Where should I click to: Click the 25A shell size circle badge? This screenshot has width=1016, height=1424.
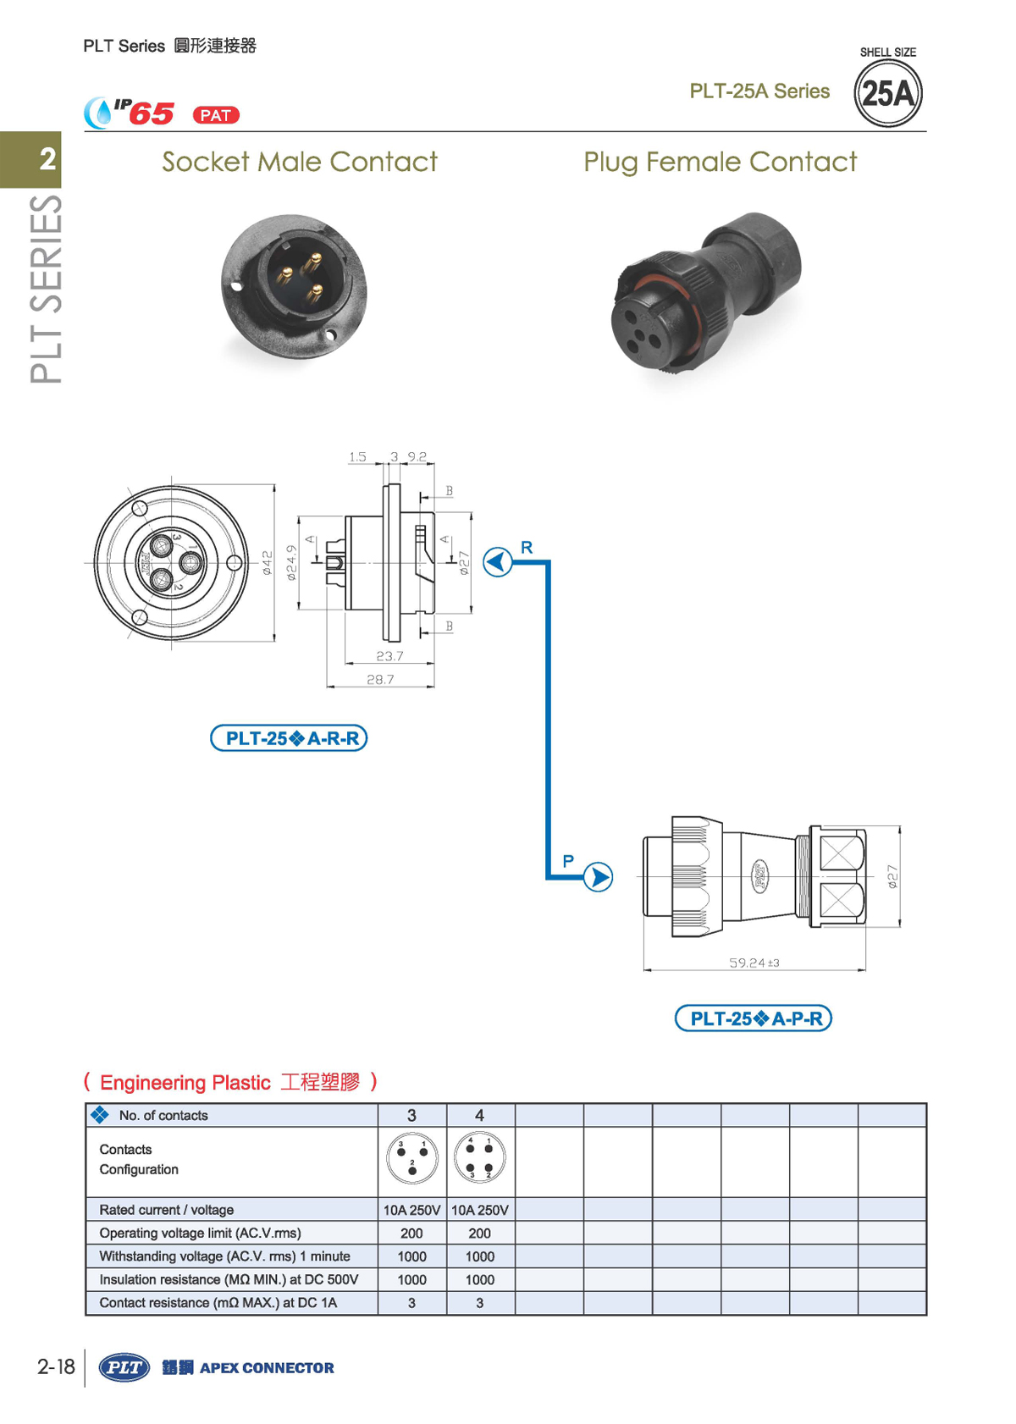(x=887, y=93)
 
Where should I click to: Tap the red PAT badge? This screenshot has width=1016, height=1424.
(x=216, y=115)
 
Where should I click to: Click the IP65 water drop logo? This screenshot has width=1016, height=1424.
(x=99, y=113)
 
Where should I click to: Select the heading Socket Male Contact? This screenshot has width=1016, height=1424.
(x=300, y=162)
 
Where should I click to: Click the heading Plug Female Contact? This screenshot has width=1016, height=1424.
(x=720, y=162)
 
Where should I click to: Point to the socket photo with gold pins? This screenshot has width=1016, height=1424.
(x=294, y=286)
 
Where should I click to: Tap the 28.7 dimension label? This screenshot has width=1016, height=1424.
(x=380, y=679)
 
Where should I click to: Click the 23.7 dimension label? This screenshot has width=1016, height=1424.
(x=389, y=656)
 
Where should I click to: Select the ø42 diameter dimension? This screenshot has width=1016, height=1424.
(x=268, y=563)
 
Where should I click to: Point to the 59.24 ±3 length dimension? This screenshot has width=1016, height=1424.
(x=754, y=963)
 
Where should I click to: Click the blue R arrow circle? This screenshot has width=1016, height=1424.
(x=498, y=561)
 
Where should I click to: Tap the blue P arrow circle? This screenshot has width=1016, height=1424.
(x=598, y=877)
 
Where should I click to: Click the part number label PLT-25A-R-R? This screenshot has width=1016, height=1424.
(x=289, y=738)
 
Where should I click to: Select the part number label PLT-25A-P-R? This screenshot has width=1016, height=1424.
(x=753, y=1018)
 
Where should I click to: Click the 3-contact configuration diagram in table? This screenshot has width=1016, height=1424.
(x=412, y=1158)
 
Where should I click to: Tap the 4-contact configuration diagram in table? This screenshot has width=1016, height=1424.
(x=480, y=1158)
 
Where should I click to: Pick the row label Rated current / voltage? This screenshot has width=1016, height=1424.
(x=167, y=1210)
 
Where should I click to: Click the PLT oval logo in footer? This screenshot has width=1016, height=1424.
(x=124, y=1367)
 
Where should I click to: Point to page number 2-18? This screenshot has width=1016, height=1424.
(x=56, y=1366)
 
